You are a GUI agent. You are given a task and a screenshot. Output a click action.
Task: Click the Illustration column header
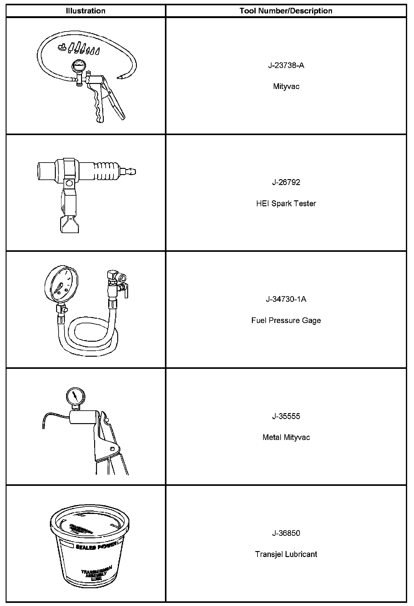tap(85, 11)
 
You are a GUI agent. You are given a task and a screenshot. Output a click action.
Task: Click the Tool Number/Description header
tap(286, 11)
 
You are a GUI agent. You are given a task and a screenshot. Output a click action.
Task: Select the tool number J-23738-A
tap(286, 65)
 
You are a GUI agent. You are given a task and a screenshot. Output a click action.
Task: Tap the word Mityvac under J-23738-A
tap(286, 86)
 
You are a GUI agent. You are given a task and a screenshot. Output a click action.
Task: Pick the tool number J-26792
tap(286, 182)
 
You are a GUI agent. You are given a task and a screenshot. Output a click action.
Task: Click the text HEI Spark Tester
tap(286, 203)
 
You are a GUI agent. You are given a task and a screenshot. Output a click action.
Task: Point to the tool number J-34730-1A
tap(286, 299)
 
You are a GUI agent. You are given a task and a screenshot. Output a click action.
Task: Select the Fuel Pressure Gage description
tap(286, 320)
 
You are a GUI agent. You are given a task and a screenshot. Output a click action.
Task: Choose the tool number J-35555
tap(286, 416)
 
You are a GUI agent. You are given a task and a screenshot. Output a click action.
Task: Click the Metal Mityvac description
tap(286, 437)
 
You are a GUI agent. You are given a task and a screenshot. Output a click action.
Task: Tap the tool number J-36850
tap(286, 533)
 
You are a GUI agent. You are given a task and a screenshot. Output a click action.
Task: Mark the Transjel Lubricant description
tap(286, 554)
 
